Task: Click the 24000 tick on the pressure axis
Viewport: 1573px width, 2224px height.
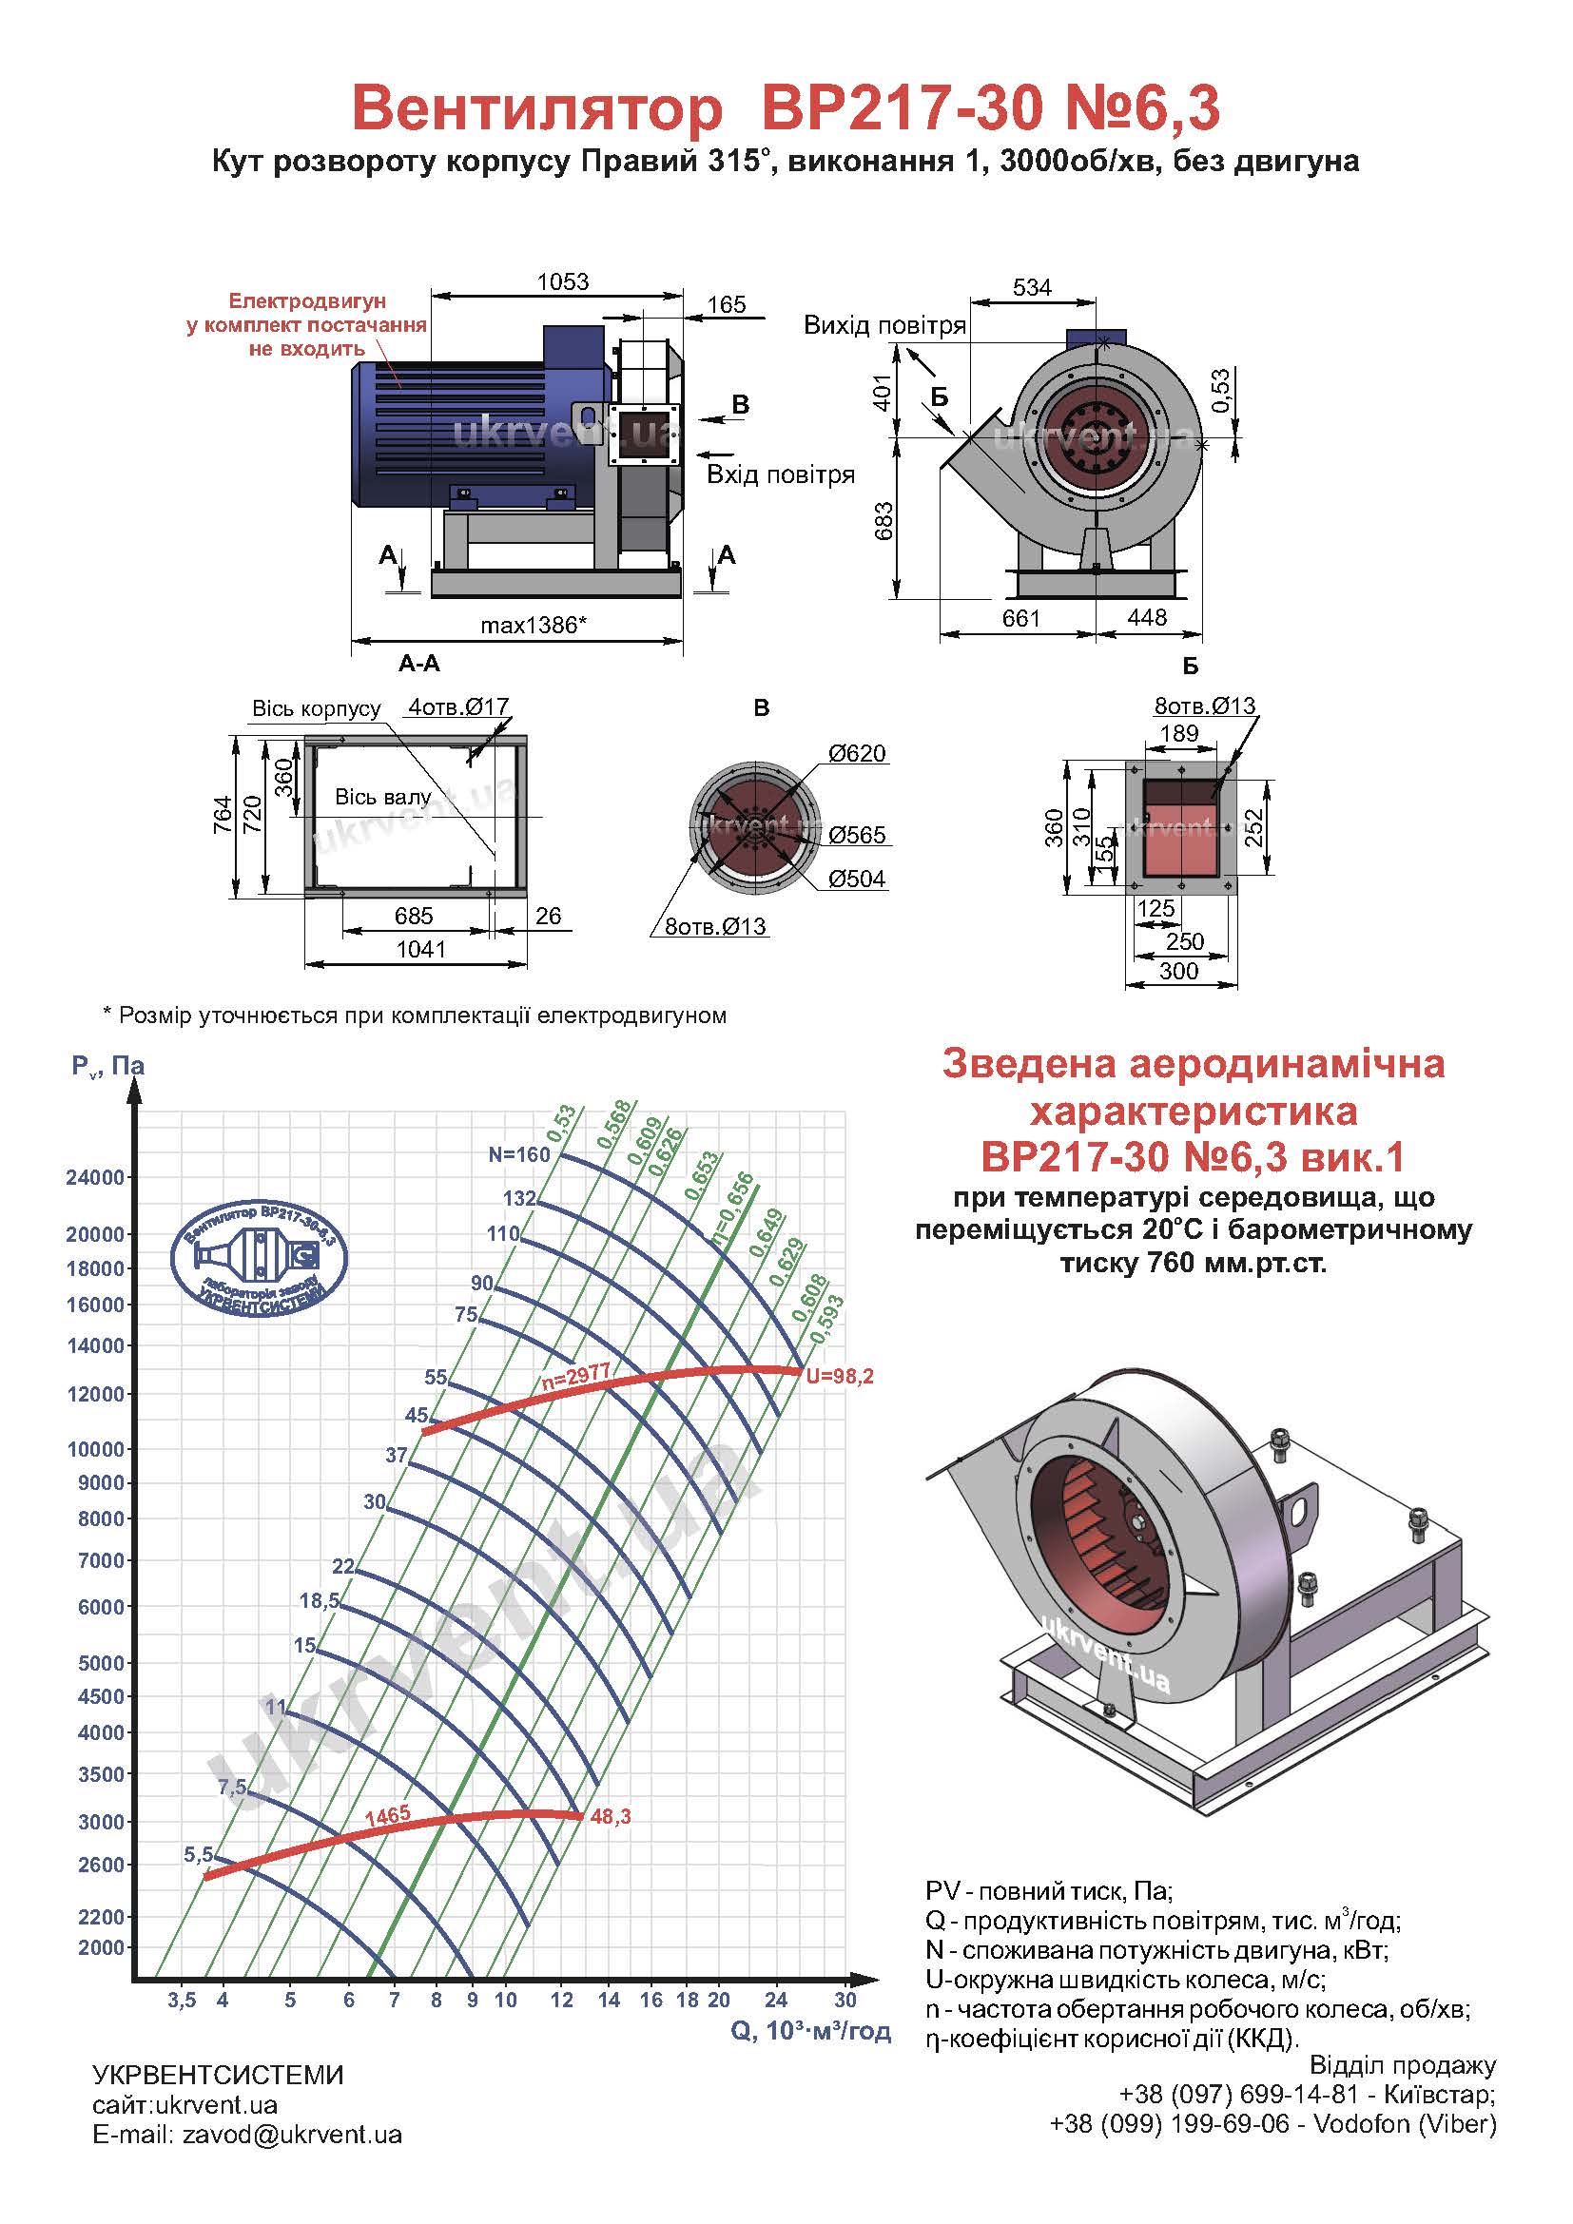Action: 95,1179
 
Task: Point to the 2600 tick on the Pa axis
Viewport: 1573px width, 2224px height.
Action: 100,1865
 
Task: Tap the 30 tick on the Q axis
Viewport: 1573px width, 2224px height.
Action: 845,2001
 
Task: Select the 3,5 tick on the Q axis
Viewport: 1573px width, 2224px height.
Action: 181,2001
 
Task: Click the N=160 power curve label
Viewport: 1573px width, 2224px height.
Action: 519,1153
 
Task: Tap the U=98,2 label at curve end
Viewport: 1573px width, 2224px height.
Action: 840,1376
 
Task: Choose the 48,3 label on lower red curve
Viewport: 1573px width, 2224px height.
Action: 611,1817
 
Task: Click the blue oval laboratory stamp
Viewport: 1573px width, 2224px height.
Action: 259,1258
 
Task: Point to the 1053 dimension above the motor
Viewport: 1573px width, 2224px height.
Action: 563,281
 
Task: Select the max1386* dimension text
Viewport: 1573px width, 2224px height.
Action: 534,625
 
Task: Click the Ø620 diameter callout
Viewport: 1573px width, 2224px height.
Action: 856,753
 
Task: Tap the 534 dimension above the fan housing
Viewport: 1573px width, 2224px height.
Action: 1032,288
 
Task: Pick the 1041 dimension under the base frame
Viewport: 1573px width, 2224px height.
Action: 420,949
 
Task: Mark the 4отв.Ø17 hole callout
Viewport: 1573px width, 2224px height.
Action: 458,707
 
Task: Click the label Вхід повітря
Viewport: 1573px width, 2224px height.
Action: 781,474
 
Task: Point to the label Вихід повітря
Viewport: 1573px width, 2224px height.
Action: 884,325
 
